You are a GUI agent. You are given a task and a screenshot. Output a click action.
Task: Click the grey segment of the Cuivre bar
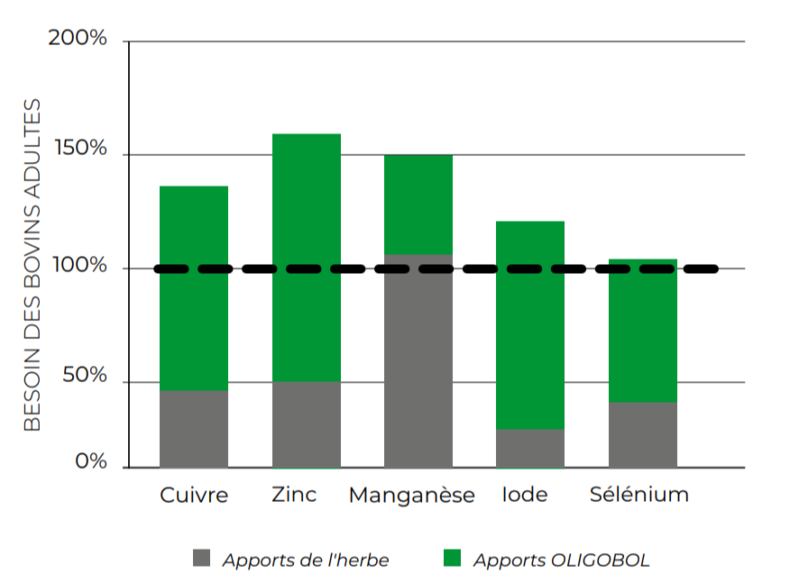click(x=194, y=429)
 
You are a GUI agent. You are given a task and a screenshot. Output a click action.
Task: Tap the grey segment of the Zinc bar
click(x=307, y=424)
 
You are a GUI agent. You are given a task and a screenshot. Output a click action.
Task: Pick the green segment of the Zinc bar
click(x=307, y=258)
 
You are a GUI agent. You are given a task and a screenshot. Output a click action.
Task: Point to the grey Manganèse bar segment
click(x=418, y=361)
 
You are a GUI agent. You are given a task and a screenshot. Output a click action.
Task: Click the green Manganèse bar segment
click(x=418, y=205)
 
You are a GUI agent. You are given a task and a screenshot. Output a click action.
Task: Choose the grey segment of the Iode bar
click(x=530, y=449)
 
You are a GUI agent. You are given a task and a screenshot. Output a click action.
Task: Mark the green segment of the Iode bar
click(x=530, y=325)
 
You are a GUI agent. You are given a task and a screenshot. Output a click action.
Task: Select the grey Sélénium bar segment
click(x=643, y=435)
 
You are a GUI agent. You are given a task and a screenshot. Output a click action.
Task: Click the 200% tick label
click(x=77, y=39)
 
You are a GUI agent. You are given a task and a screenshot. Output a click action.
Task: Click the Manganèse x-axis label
click(x=411, y=496)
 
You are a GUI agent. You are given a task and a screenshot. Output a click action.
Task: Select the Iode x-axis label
click(x=525, y=495)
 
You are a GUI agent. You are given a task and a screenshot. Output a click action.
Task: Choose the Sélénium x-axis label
click(x=638, y=495)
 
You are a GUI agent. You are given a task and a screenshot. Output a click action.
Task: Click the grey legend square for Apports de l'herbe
click(x=201, y=559)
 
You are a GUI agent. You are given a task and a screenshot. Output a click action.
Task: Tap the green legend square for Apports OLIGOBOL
click(x=453, y=559)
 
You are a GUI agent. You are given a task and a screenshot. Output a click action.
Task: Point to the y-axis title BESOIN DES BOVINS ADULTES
click(x=32, y=265)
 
